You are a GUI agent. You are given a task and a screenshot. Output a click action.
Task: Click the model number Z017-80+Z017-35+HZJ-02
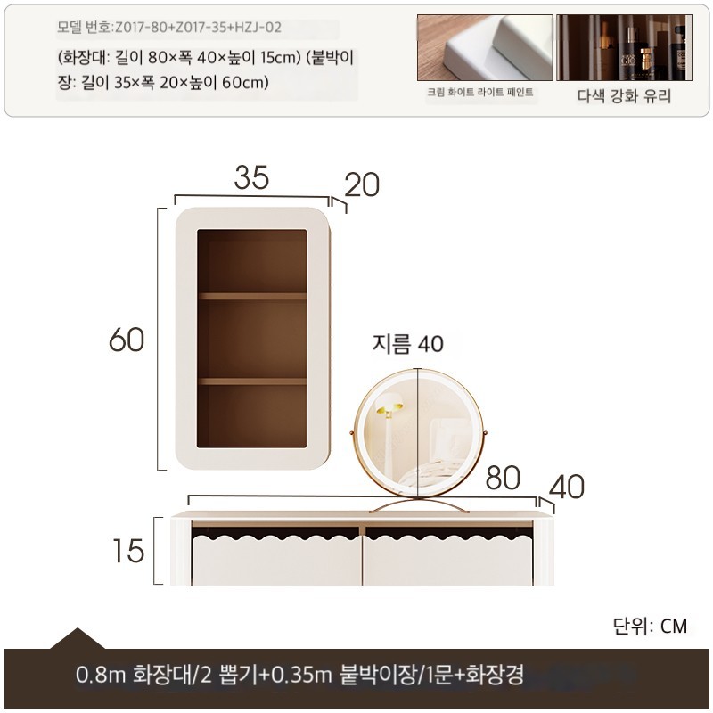click(198, 28)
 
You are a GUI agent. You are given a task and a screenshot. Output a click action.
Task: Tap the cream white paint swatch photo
click(485, 47)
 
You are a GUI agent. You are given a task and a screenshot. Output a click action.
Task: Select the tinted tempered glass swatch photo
click(625, 47)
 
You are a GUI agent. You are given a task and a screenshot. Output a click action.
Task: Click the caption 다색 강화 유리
click(625, 96)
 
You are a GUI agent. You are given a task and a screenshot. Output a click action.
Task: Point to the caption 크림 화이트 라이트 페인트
click(480, 93)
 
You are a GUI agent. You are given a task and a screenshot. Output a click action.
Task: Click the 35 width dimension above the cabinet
click(251, 177)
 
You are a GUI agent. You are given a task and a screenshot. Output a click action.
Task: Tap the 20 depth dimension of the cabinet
click(362, 184)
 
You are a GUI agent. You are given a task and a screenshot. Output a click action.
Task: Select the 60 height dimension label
click(127, 340)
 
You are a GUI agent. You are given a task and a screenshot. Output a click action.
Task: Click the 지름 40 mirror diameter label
click(408, 343)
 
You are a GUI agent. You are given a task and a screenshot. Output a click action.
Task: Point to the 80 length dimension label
click(503, 478)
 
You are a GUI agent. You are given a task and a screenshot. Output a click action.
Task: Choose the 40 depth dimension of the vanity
click(567, 487)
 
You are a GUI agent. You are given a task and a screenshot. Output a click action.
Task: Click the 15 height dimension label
click(128, 551)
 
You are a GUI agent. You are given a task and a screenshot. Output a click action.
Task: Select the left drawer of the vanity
click(276, 561)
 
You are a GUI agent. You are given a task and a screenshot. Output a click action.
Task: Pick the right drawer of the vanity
click(448, 561)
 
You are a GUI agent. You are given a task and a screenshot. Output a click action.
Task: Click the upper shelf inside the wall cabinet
click(252, 297)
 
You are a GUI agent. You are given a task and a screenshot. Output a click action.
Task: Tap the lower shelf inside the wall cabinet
click(252, 381)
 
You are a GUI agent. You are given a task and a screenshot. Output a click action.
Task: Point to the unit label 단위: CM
click(650, 627)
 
